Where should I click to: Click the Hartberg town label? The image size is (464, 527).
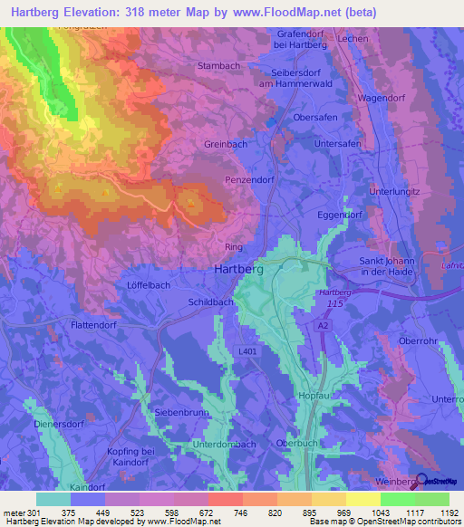pos(239,269)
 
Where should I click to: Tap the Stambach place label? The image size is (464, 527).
pos(218,66)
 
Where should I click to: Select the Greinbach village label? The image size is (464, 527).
pos(226,143)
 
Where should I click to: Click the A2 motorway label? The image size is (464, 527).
pos(324,323)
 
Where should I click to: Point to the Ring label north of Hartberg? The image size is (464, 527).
pos(233,246)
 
